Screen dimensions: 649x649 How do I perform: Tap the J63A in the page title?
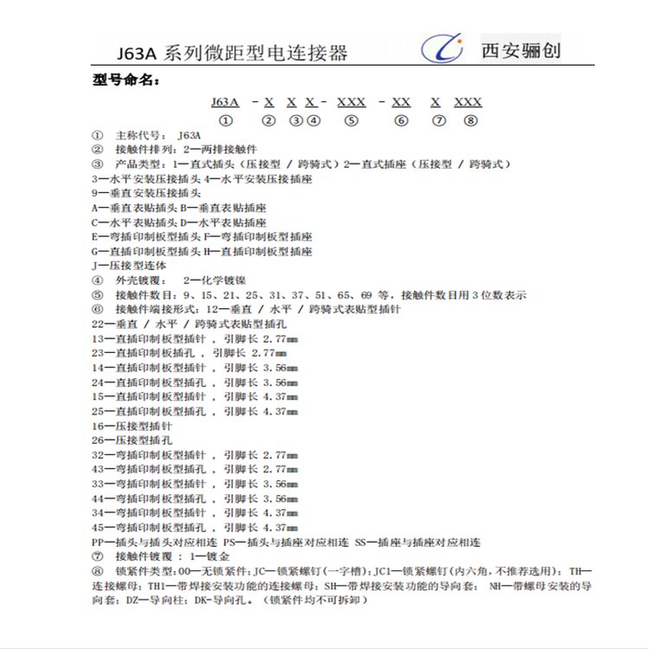[132, 53]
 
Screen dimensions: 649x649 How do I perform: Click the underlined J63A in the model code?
[225, 102]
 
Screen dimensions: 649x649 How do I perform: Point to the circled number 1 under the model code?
[225, 121]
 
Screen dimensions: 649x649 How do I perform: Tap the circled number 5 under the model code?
[350, 121]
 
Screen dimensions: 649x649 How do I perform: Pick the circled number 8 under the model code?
[469, 121]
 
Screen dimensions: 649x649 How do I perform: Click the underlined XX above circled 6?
[401, 102]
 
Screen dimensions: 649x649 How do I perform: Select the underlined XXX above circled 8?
[468, 102]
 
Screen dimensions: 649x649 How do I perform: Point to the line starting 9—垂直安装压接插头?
[146, 193]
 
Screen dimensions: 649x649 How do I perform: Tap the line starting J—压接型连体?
[129, 266]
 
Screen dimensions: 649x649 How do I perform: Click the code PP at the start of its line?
[98, 542]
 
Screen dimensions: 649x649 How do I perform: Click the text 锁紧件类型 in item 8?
[144, 571]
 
